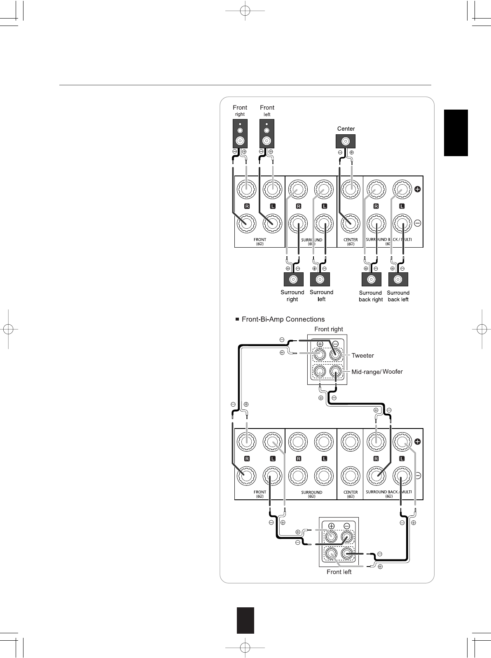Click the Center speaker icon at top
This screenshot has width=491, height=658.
pyautogui.click(x=346, y=142)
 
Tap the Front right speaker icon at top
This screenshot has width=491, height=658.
pyautogui.click(x=240, y=133)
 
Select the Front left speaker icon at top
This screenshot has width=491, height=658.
pyautogui.click(x=267, y=133)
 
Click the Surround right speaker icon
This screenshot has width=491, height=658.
pyautogui.click(x=293, y=279)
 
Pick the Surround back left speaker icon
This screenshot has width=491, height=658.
pyautogui.click(x=398, y=279)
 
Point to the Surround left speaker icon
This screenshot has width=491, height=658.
pyautogui.click(x=320, y=279)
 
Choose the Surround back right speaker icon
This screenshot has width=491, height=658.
pyautogui.click(x=371, y=279)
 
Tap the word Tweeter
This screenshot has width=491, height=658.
pyautogui.click(x=362, y=355)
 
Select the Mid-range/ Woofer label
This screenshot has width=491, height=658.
pyautogui.click(x=377, y=372)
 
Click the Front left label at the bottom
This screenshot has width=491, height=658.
pyautogui.click(x=339, y=572)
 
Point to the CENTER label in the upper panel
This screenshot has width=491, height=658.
pyautogui.click(x=351, y=239)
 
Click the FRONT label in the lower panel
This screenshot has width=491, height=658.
pyautogui.click(x=260, y=492)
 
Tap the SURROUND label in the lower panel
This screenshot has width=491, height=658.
pyautogui.click(x=311, y=492)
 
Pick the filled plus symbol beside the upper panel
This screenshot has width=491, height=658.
pyautogui.click(x=417, y=190)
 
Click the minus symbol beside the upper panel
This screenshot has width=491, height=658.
pyautogui.click(x=417, y=223)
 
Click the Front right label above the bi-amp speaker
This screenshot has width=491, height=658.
pyautogui.click(x=329, y=329)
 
